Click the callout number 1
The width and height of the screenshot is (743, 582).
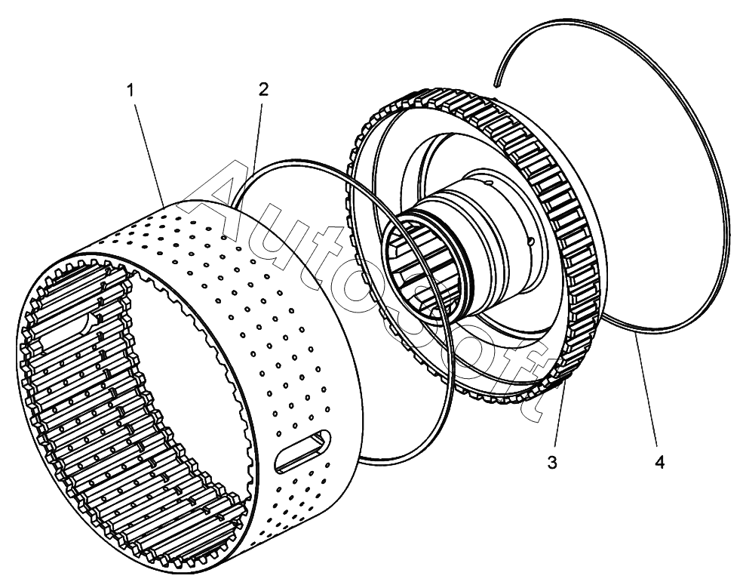point(130,91)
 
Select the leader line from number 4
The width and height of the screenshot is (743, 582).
point(647,393)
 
